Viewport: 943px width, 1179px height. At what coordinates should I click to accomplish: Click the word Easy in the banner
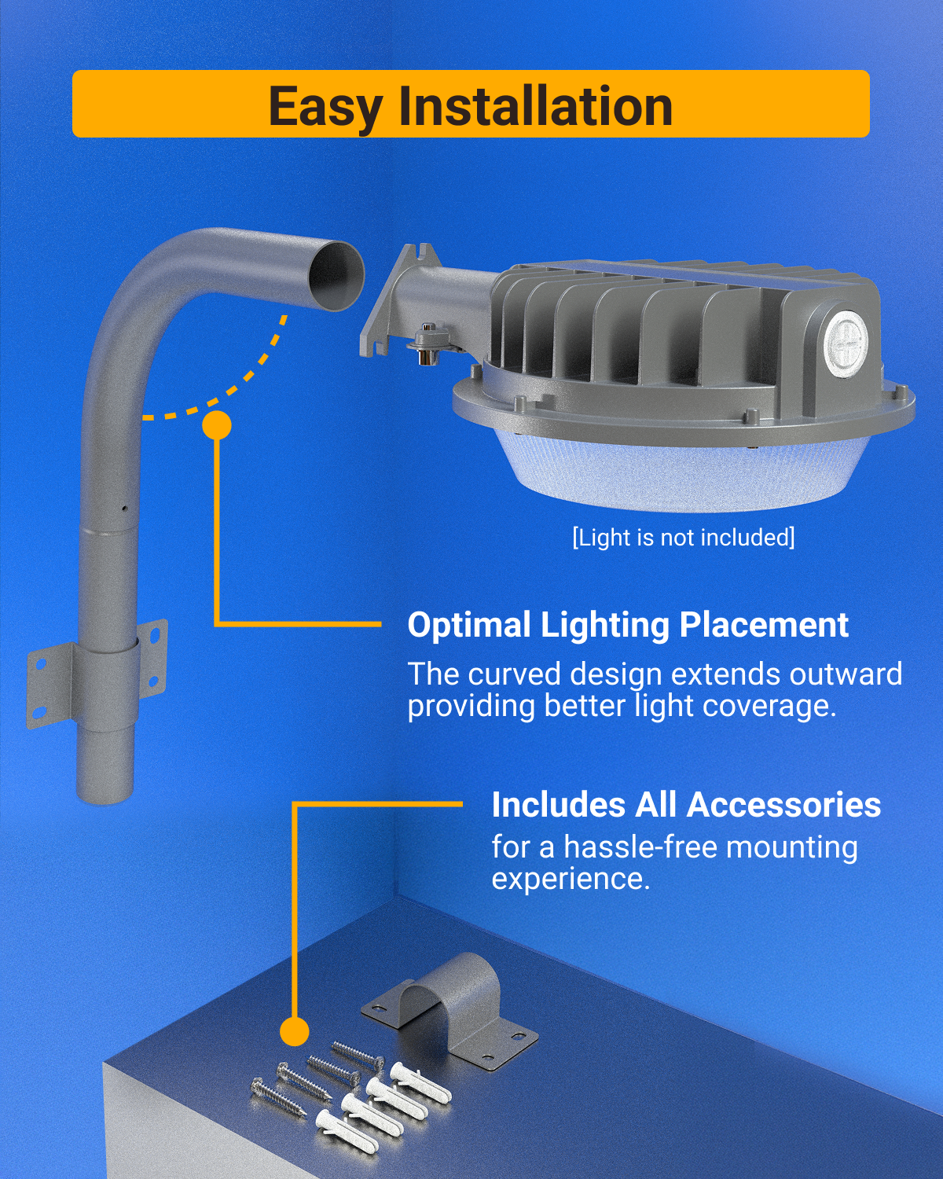[x=325, y=108]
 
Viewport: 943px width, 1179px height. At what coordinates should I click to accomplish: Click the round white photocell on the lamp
[x=846, y=340]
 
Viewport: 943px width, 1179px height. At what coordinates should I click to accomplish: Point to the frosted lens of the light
[x=682, y=474]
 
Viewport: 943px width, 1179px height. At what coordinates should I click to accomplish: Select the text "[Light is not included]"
[x=683, y=538]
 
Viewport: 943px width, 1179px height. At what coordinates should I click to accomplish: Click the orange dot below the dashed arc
[x=216, y=425]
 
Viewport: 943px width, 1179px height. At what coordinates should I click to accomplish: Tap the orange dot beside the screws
[x=294, y=1031]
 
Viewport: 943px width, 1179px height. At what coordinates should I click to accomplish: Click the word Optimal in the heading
[x=469, y=626]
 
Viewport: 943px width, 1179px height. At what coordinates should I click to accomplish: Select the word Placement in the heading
[x=764, y=625]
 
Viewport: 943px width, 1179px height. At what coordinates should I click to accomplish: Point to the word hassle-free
[x=640, y=847]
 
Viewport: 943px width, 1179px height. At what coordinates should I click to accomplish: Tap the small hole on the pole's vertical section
[x=124, y=509]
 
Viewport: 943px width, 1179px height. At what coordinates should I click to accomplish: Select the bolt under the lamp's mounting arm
[x=427, y=344]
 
